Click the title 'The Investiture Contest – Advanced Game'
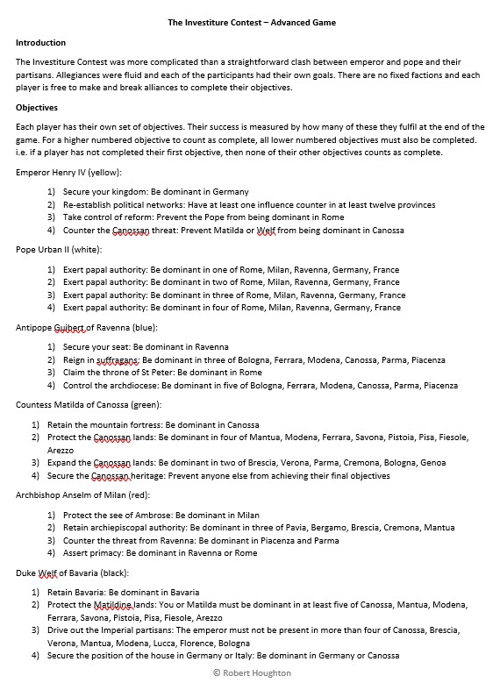[x=251, y=22]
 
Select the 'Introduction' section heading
[x=40, y=42]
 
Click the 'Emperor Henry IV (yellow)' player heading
[x=68, y=173]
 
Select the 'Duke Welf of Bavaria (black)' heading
[x=72, y=573]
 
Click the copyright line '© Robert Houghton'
[x=251, y=672]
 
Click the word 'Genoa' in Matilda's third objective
[x=434, y=462]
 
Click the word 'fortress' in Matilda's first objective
[x=162, y=424]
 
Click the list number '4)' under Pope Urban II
[x=51, y=308]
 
